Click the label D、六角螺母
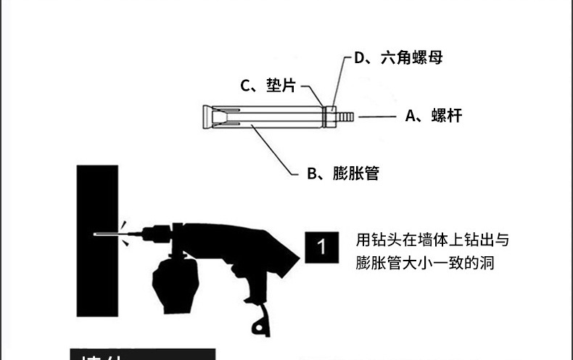tap(398, 58)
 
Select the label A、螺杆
tap(433, 115)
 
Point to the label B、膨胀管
tap(342, 173)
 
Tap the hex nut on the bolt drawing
tap(331, 116)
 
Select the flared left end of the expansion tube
tap(208, 116)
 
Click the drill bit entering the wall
tap(107, 234)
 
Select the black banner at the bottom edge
tap(143, 354)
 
